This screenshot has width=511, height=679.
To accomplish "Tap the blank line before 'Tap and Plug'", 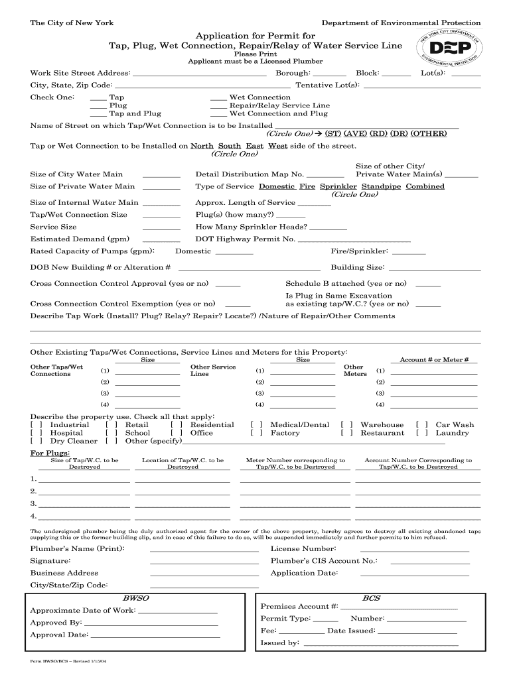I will pyautogui.click(x=98, y=114).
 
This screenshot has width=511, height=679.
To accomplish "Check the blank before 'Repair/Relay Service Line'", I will pyautogui.click(x=218, y=106).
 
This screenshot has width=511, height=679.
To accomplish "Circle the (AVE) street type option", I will pyautogui.click(x=355, y=133).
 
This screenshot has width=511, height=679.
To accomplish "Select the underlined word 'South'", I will pyautogui.click(x=230, y=146).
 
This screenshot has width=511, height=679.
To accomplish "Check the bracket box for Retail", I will pyautogui.click(x=111, y=425).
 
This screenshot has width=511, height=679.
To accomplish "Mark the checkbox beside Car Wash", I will pyautogui.click(x=421, y=425).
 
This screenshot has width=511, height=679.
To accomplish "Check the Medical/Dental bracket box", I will pyautogui.click(x=256, y=425).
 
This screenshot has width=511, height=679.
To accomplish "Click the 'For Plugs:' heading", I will pyautogui.click(x=46, y=454).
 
